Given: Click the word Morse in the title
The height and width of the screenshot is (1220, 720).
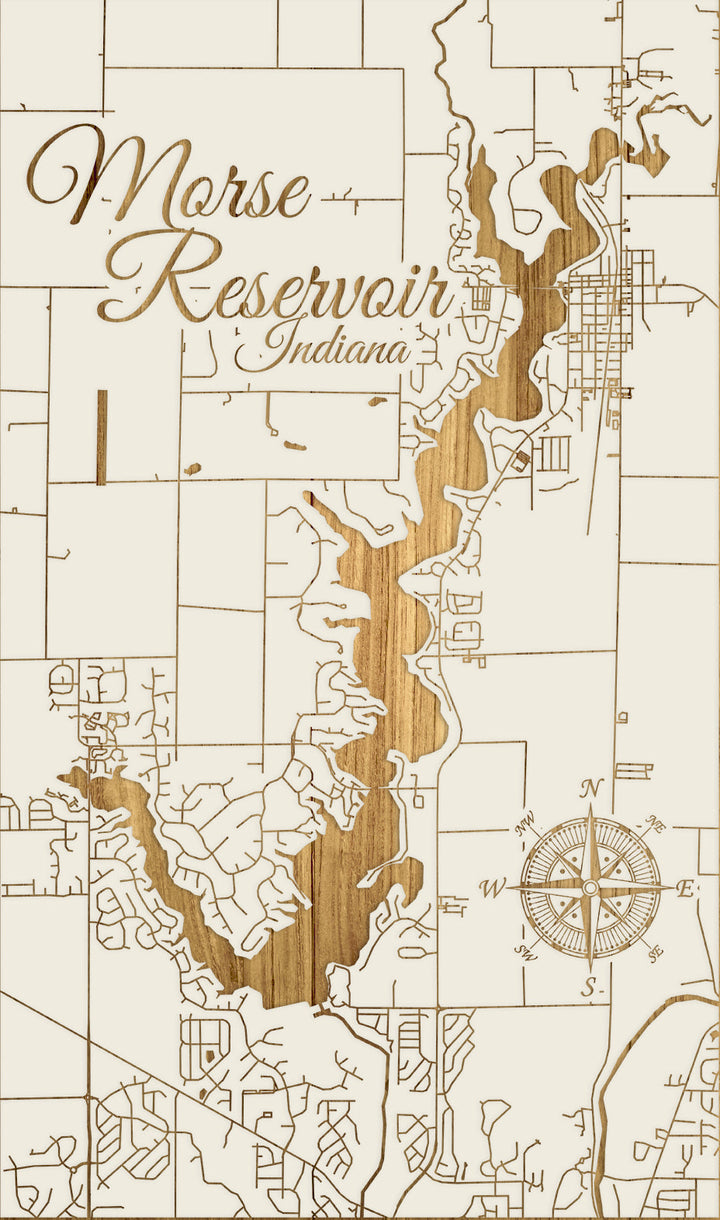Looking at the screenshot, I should (x=170, y=180).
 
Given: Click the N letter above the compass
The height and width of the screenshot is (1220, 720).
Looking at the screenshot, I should (x=590, y=789).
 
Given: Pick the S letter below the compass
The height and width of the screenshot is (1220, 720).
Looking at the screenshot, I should (x=590, y=988).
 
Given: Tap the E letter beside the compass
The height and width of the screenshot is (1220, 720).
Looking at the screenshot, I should (x=686, y=889).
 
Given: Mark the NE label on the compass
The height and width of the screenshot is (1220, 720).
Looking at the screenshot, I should (x=656, y=826).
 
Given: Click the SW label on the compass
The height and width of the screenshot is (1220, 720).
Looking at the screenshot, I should (x=526, y=951).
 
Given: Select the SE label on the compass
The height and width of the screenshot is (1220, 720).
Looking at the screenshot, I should (x=655, y=951).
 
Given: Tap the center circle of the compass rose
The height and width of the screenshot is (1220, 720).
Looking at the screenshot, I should (x=590, y=888).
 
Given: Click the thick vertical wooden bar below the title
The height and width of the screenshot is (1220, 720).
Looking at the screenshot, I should (x=101, y=437).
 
